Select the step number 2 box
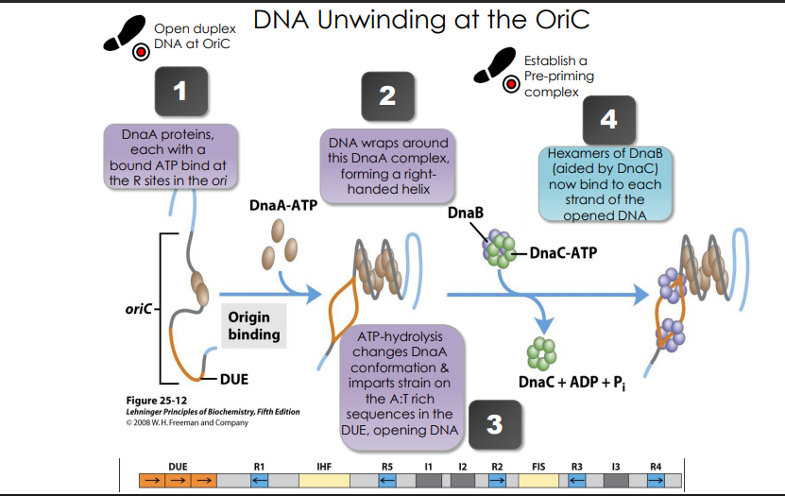pyautogui.click(x=386, y=95)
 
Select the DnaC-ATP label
pyautogui.click(x=563, y=252)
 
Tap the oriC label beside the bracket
pyautogui.click(x=131, y=308)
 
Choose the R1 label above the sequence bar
pyautogui.click(x=259, y=466)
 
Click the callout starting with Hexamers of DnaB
pyautogui.click(x=606, y=182)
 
